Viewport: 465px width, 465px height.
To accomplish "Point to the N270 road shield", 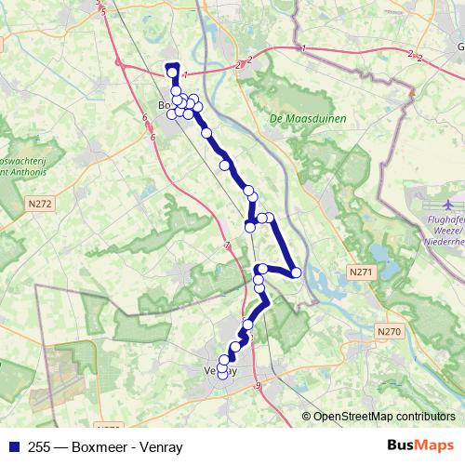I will pos(389,330).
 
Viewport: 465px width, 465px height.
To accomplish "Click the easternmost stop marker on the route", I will pos(296,272).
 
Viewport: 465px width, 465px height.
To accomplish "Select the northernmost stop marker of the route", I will pos(172,73).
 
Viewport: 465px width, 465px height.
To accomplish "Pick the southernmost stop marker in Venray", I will pos(222,376).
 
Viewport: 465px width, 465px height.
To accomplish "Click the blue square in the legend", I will pos(10,445).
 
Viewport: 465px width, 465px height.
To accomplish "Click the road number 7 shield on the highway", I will pos(226,246).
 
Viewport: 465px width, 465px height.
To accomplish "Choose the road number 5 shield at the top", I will pos(103,10).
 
